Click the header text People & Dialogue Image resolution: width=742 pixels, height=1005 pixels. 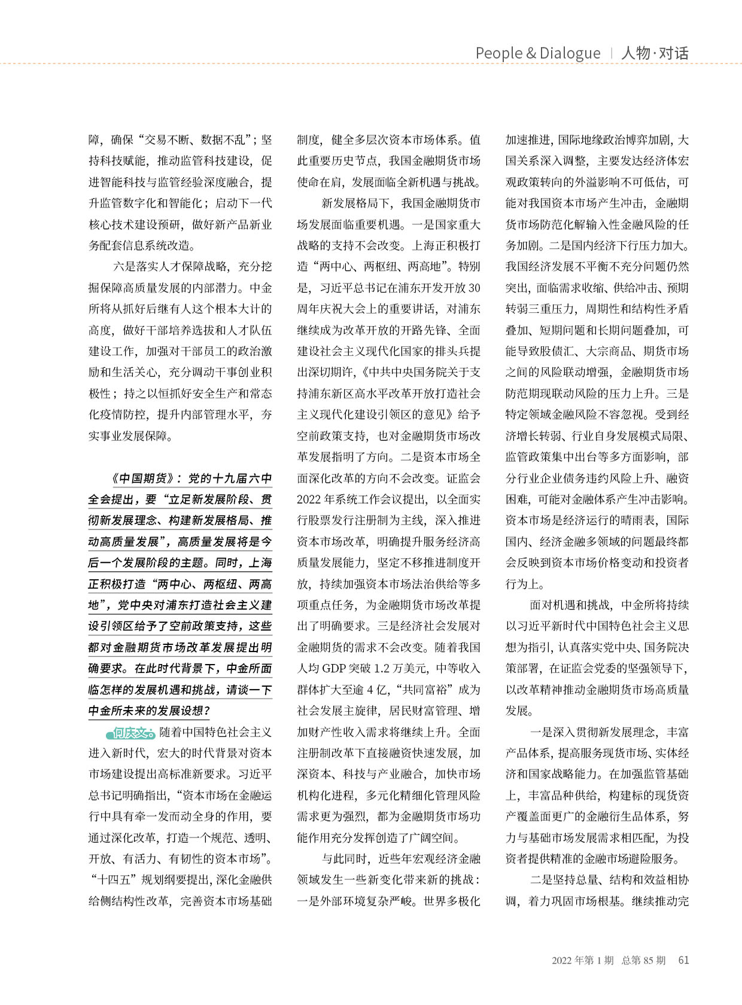(537, 53)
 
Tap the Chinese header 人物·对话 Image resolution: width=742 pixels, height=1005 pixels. (655, 53)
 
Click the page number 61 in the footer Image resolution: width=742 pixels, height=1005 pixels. (683, 960)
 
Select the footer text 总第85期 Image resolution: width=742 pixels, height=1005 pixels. (643, 960)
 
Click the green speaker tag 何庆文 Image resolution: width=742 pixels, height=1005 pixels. (130, 733)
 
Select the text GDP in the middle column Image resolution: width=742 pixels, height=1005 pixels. (336, 669)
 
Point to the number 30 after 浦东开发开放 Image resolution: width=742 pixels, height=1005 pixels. (474, 288)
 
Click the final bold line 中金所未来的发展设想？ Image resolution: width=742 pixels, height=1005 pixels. (149, 711)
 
